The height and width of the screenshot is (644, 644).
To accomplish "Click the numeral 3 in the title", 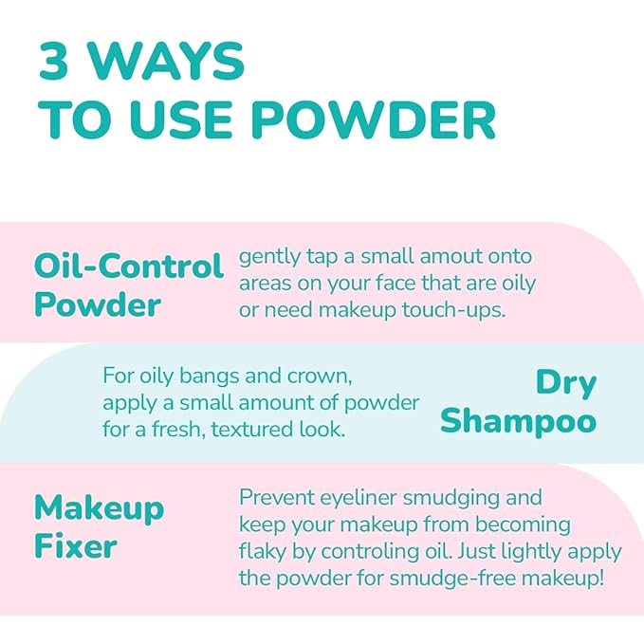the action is pyautogui.click(x=53, y=62).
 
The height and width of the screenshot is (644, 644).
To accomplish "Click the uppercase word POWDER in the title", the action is pyautogui.click(x=374, y=120).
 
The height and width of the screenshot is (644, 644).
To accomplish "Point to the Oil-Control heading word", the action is pyautogui.click(x=129, y=266).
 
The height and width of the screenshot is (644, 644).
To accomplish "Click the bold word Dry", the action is pyautogui.click(x=566, y=384).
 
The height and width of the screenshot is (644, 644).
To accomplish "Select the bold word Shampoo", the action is pyautogui.click(x=518, y=422).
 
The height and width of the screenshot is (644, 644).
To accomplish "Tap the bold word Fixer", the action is pyautogui.click(x=76, y=546).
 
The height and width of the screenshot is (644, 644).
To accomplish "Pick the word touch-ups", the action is pyautogui.click(x=454, y=311).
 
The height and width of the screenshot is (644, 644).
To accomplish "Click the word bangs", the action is pyautogui.click(x=209, y=377).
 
